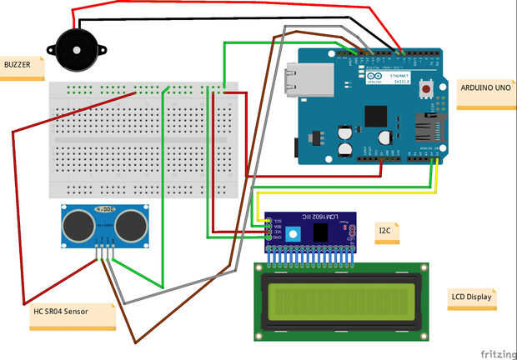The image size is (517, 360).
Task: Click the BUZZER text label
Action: pyautogui.click(x=21, y=64)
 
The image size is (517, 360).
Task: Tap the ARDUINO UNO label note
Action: pyautogui.click(x=485, y=87)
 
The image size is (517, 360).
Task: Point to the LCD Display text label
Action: pyautogui.click(x=471, y=296)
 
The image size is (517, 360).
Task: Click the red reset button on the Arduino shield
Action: pyautogui.click(x=429, y=87)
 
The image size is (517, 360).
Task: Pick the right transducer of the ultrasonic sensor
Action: pyautogui.click(x=130, y=223)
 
